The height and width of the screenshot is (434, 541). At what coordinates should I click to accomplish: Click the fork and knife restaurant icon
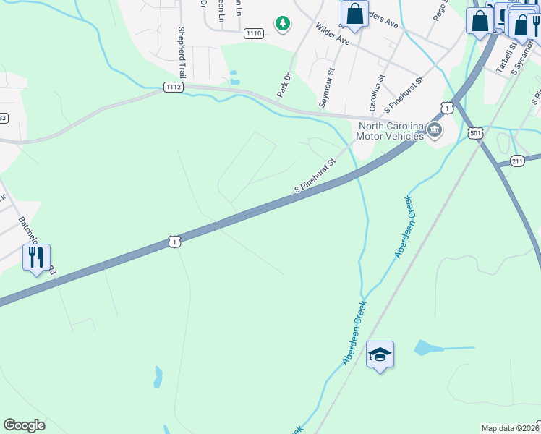point(36,258)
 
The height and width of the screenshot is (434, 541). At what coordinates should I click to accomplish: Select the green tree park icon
point(282,24)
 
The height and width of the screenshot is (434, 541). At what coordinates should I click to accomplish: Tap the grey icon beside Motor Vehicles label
point(434,130)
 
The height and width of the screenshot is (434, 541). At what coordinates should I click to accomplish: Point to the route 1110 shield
point(253,33)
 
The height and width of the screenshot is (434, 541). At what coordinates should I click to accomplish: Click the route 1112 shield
point(173,87)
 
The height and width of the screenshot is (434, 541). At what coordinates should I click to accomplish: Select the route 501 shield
point(475,133)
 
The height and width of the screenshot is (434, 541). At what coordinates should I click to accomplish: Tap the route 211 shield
point(517,161)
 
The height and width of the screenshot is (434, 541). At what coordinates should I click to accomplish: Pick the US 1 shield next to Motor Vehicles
point(448,108)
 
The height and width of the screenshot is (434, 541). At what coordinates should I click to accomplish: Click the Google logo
point(24,425)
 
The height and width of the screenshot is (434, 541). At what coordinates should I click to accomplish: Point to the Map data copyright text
point(509,428)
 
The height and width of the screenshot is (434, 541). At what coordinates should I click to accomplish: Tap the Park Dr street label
point(284,85)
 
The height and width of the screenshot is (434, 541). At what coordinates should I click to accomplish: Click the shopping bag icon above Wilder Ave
point(354,14)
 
